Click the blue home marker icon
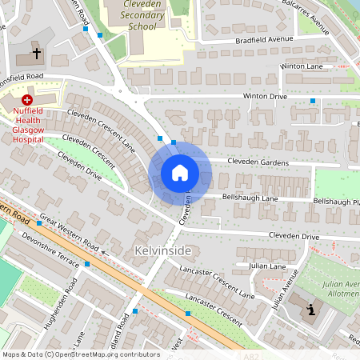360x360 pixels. coord(180,172)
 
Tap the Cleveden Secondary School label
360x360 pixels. coord(131,15)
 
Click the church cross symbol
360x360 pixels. coord(37,54)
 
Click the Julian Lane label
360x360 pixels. coord(267,266)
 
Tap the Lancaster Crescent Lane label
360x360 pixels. coord(217,282)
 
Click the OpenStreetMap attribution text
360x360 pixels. coord(80,354)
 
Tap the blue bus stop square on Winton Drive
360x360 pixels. coord(312,101)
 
